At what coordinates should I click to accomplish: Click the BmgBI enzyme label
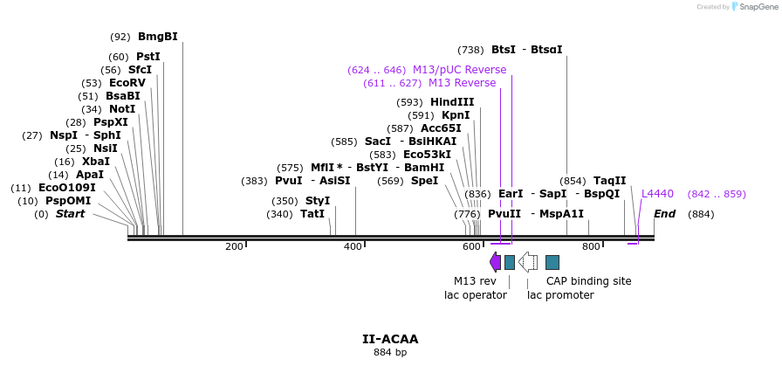[157, 37]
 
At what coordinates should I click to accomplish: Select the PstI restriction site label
[147, 57]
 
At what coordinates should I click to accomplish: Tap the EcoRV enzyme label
[127, 83]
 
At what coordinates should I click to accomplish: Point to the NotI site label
[122, 109]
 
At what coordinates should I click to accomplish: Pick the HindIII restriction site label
[452, 102]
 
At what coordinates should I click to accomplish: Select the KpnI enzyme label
[456, 115]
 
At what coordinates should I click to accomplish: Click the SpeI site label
[424, 181]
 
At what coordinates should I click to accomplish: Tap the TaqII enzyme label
[609, 181]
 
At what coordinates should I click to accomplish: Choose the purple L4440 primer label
[657, 194]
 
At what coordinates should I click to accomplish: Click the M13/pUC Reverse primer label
[459, 70]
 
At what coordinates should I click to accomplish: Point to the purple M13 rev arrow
[495, 262]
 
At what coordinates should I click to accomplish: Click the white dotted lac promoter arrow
[527, 262]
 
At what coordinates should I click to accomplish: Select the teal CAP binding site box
[552, 262]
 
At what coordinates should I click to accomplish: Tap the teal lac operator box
[510, 262]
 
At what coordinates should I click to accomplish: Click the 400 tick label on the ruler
[353, 247]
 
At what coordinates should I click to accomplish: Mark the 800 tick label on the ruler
[591, 247]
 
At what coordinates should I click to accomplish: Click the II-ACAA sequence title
[390, 339]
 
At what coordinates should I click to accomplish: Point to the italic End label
[664, 214]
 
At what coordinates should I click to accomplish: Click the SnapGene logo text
[755, 7]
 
